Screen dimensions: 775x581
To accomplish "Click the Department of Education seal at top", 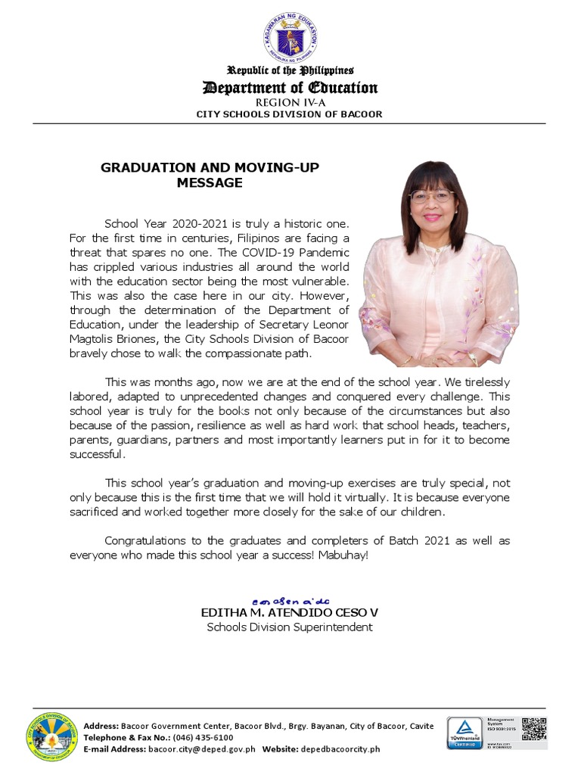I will (x=291, y=39).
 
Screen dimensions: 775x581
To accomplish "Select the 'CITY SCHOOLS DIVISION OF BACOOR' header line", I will (x=290, y=114).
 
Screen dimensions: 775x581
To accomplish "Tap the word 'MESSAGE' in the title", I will (x=210, y=182).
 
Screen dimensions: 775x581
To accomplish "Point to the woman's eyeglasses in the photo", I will (x=430, y=197).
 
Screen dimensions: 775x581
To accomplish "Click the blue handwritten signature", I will (x=290, y=598).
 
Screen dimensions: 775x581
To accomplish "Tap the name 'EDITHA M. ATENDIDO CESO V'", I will (x=290, y=612).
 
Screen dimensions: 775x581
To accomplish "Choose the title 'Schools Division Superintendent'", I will (x=290, y=627).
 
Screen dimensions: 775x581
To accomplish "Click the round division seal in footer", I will (x=51, y=736).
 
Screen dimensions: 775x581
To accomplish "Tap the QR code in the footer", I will (x=533, y=729).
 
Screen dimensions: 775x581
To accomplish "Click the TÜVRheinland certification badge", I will (x=465, y=733).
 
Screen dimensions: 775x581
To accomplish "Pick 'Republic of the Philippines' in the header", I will (x=290, y=70).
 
